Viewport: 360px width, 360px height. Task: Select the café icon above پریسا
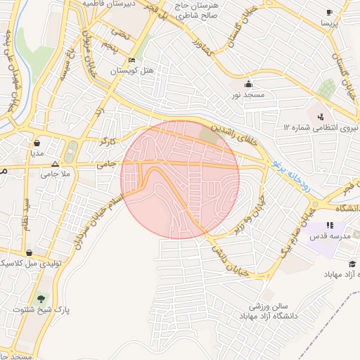click(329, 12)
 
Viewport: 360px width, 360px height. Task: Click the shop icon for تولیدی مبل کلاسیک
click(28, 252)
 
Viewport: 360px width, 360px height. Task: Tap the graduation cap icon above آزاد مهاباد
click(352, 264)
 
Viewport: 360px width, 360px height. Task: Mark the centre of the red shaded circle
click(180, 180)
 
